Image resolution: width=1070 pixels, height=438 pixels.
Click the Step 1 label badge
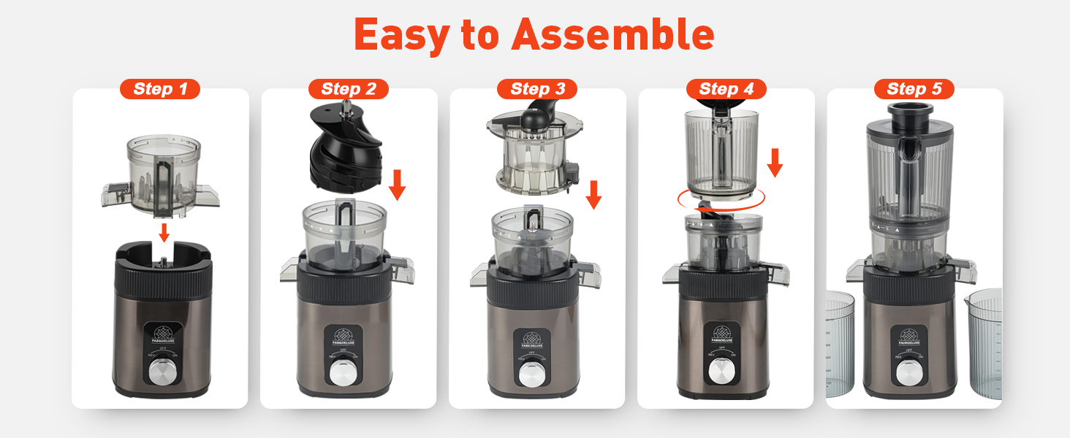click(x=159, y=89)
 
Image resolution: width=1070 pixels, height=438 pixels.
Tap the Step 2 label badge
click(x=349, y=89)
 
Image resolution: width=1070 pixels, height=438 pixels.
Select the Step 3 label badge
click(x=537, y=89)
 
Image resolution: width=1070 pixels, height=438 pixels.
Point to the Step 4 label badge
click(x=726, y=89)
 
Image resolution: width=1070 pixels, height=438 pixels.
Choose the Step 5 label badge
click(x=914, y=89)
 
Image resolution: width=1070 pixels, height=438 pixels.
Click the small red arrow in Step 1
click(x=164, y=233)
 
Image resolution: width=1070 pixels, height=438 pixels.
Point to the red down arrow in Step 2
click(x=397, y=185)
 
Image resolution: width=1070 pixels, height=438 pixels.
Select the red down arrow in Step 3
click(x=593, y=193)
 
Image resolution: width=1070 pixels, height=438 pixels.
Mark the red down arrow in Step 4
click(x=775, y=162)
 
